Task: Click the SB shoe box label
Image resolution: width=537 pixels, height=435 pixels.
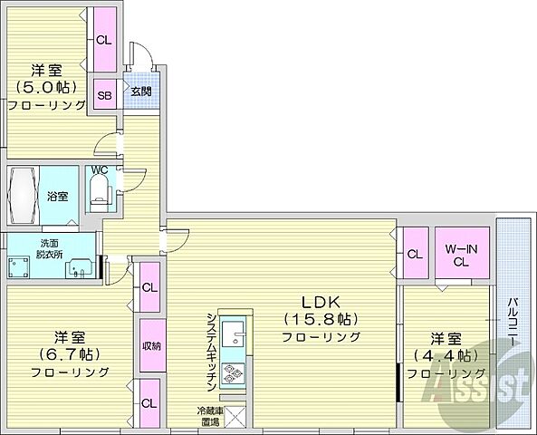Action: [104, 93]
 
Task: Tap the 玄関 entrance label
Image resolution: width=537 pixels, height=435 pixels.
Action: [139, 92]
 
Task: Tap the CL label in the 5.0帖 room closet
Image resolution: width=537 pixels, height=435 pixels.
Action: [104, 39]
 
